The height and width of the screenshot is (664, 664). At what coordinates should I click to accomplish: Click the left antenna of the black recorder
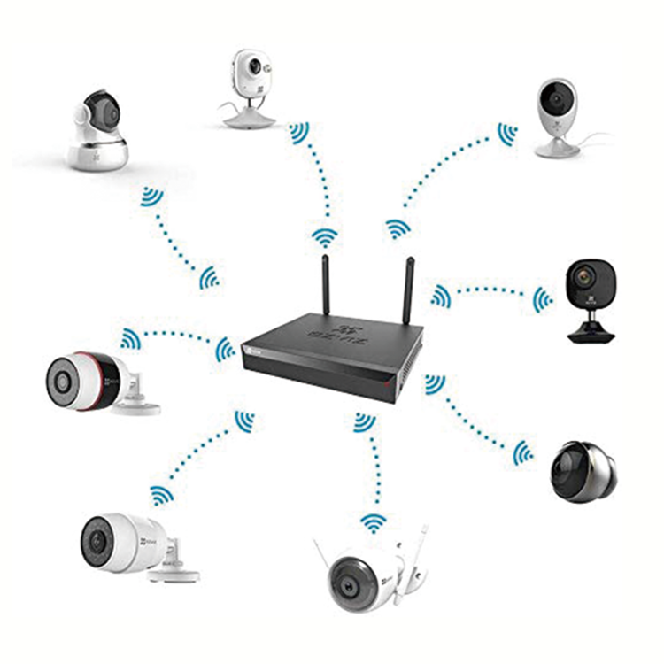[x=326, y=283]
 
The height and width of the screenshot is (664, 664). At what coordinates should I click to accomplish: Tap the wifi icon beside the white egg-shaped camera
[x=507, y=135]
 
